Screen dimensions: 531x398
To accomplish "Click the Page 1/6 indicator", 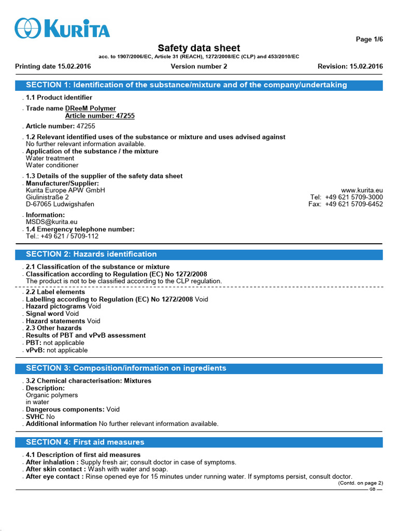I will pyautogui.click(x=369, y=40).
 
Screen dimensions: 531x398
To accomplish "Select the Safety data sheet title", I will pyautogui.click(x=198, y=48).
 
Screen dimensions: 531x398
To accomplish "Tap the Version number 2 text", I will pyautogui.click(x=198, y=66).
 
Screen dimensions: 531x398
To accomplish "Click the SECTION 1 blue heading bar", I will pyautogui.click(x=199, y=85).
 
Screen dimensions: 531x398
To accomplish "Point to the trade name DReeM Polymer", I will pyautogui.click(x=91, y=108).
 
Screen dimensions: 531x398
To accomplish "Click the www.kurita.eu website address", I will pyautogui.click(x=362, y=190).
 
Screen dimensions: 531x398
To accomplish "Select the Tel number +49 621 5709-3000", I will pyautogui.click(x=354, y=197).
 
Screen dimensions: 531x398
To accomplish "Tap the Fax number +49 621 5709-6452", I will pyautogui.click(x=354, y=204).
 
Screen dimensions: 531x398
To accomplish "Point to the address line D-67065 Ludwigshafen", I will pyautogui.click(x=60, y=204).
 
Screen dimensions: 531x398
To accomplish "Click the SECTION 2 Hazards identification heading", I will pyautogui.click(x=199, y=254).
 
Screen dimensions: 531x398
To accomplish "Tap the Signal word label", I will pyautogui.click(x=46, y=314).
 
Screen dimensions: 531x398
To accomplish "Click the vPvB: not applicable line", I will pyautogui.click(x=57, y=350).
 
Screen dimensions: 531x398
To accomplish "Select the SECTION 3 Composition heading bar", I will pyautogui.click(x=199, y=368).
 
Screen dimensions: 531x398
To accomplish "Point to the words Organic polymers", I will pyautogui.click(x=52, y=395).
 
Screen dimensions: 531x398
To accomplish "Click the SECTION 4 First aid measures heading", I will pyautogui.click(x=199, y=442).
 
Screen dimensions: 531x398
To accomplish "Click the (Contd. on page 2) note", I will pyautogui.click(x=360, y=483).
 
